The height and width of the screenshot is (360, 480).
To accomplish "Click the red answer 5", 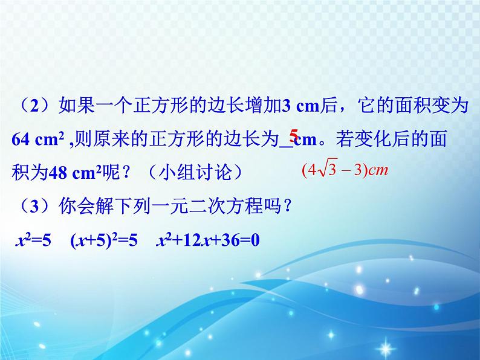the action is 294,135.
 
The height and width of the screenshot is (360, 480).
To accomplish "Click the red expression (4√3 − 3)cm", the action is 345,169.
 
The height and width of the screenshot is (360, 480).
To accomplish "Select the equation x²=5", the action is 33,240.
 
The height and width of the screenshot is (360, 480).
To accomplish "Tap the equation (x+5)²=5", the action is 104,240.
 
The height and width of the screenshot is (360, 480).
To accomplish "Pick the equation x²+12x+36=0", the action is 208,240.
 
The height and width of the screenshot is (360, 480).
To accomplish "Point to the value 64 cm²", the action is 38,140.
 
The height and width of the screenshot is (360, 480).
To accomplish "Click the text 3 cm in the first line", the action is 300,106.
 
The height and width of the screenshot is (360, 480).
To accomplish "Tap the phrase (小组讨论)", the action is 196,173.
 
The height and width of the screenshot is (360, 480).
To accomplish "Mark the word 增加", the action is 262,106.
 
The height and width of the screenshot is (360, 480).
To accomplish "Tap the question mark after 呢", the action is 126,173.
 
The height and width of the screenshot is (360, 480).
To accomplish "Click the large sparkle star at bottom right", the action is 386,348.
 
